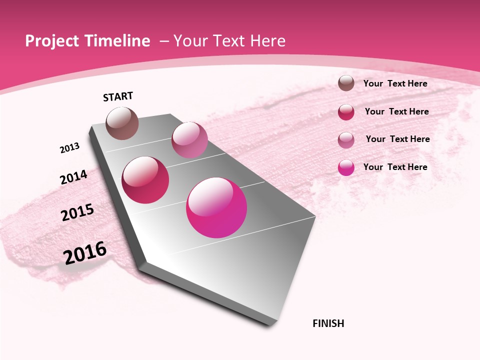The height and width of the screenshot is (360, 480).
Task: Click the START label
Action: click(x=118, y=96)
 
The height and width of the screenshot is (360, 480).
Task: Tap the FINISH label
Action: click(x=328, y=323)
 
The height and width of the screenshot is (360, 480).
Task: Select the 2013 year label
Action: click(x=70, y=148)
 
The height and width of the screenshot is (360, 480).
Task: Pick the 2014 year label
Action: click(x=73, y=177)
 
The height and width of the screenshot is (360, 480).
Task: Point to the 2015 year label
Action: click(x=77, y=212)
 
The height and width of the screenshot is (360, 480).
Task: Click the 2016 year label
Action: click(x=85, y=253)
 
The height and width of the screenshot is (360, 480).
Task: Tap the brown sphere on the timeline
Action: click(x=122, y=123)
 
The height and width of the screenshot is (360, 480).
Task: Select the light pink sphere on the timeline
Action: click(x=189, y=140)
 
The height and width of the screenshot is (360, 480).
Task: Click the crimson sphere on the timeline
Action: click(x=145, y=180)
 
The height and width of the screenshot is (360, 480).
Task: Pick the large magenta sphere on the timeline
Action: click(x=216, y=207)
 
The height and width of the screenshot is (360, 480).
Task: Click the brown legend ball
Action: click(x=346, y=83)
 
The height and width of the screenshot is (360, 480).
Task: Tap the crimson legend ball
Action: click(x=346, y=112)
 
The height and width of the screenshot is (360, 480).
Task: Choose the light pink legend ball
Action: click(x=346, y=139)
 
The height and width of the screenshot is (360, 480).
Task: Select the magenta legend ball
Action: click(x=346, y=167)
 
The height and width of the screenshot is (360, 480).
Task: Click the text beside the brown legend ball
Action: click(x=395, y=83)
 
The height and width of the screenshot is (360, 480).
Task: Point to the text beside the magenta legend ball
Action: click(x=395, y=167)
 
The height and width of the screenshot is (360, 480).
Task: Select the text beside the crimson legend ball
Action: click(x=396, y=111)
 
